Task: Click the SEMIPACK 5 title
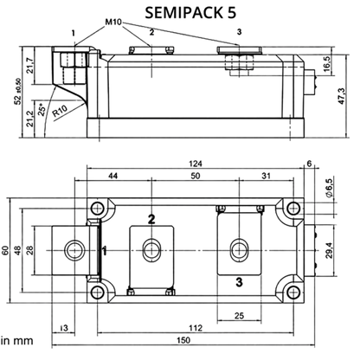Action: tap(190, 13)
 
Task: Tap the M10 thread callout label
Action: tap(113, 22)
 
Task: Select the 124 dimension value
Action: tap(196, 164)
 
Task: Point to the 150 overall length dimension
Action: tap(183, 340)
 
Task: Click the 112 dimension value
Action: tap(196, 328)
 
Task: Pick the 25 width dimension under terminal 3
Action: tap(239, 316)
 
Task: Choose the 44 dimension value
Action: tap(112, 176)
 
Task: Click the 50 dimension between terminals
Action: tap(196, 176)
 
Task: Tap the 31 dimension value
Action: tap(266, 176)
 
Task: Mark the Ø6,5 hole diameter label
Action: tap(329, 188)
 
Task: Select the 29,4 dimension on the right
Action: tap(329, 250)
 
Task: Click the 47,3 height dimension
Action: tap(342, 96)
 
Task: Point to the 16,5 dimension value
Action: tap(328, 65)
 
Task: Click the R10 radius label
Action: tap(60, 111)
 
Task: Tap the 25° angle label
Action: tap(42, 110)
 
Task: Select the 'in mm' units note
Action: tap(17, 341)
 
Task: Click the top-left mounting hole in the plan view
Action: tap(98, 208)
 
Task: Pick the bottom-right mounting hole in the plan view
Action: tap(293, 292)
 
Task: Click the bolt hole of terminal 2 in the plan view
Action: tap(151, 250)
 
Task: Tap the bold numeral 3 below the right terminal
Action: tap(239, 282)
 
